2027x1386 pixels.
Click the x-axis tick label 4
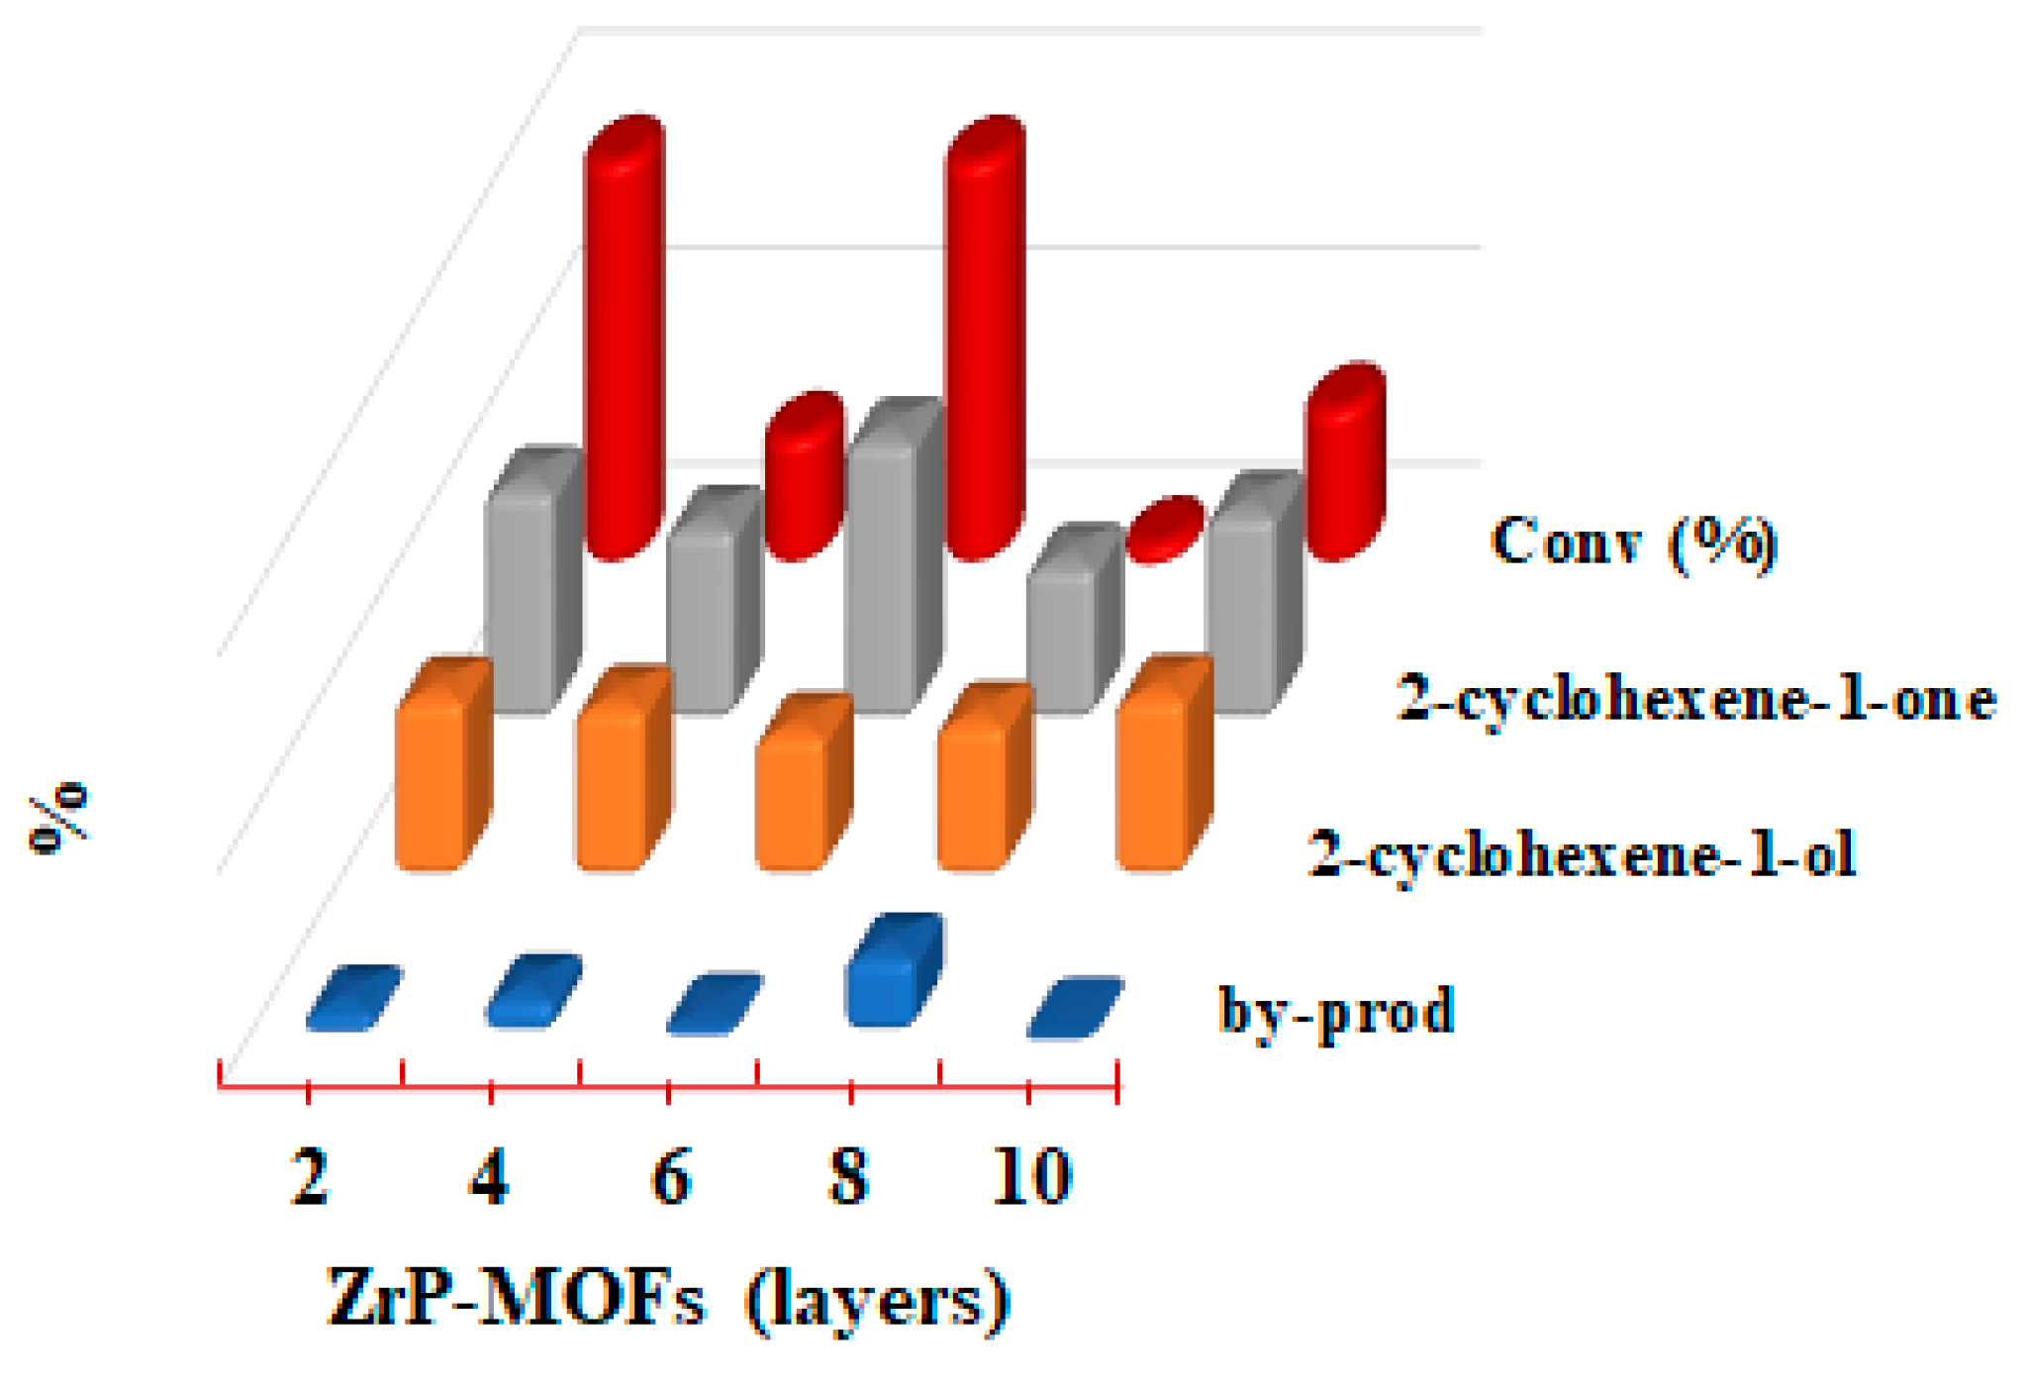click(490, 1178)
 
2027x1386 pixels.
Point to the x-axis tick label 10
click(1032, 1178)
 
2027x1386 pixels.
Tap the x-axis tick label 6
click(671, 1178)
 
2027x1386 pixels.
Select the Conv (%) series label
click(1633, 543)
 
